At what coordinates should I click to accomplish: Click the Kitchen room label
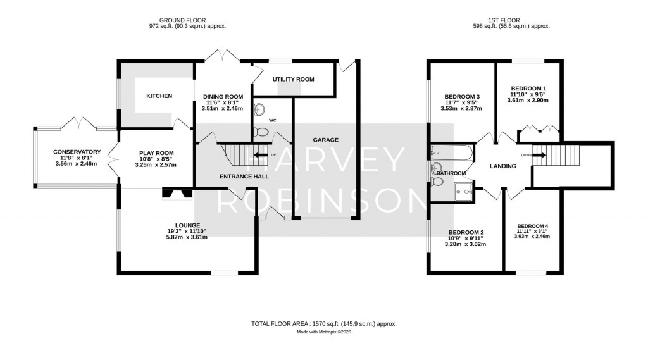(x=159, y=96)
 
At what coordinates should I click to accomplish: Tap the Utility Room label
(x=293, y=79)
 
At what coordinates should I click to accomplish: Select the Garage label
(x=325, y=140)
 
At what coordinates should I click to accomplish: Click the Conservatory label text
(x=77, y=152)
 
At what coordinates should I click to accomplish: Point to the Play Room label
(x=155, y=152)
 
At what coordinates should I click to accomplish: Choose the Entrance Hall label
(x=244, y=177)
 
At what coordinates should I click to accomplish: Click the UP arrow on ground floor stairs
(x=259, y=154)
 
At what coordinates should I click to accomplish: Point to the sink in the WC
(x=258, y=110)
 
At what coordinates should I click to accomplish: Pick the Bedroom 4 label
(x=532, y=227)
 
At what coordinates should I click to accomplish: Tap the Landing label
(x=503, y=166)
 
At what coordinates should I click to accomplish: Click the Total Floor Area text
(x=323, y=323)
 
